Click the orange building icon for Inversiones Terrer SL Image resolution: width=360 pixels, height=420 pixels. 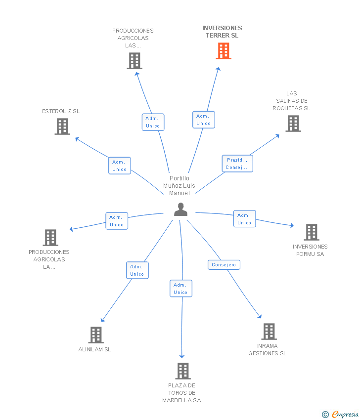[224, 51]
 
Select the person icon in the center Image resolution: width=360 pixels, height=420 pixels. [181, 210]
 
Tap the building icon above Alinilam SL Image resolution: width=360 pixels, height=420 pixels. [96, 335]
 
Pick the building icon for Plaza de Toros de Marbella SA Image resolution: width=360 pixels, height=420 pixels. [183, 371]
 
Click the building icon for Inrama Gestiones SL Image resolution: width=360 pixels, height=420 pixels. [269, 332]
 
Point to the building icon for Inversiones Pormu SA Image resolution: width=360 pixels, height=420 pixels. [311, 232]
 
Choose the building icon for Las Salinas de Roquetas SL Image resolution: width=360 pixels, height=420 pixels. [293, 124]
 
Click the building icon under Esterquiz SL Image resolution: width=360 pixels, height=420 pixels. [62, 126]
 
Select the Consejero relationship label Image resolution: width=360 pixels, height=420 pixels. [224, 265]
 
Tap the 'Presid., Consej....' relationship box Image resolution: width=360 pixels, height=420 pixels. [237, 164]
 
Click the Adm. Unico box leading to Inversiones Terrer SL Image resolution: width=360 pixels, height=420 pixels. [204, 120]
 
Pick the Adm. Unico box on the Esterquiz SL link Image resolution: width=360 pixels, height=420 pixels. [120, 166]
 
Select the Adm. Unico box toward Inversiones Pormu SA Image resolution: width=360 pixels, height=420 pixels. [244, 219]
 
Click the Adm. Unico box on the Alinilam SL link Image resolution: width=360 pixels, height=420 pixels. [137, 270]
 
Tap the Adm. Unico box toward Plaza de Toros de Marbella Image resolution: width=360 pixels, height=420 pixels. [180, 289]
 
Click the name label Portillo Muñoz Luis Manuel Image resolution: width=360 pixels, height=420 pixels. [180, 186]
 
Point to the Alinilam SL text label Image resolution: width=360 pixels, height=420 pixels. [95, 349]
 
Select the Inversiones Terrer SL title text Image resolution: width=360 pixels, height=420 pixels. [222, 32]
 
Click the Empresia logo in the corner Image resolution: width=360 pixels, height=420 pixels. [341, 415]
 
